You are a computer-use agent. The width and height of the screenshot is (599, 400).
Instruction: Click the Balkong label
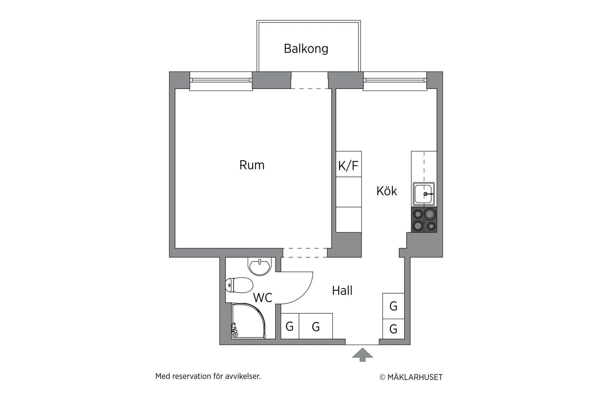coord(306,49)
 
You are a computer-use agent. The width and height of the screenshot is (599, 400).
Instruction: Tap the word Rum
coord(252,165)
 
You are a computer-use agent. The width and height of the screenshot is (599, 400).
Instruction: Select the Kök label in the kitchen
coord(387,191)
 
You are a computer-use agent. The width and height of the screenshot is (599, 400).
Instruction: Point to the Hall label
coord(342,291)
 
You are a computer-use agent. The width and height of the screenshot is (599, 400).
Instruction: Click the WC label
coord(262,298)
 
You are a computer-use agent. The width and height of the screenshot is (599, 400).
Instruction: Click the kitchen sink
coord(423,194)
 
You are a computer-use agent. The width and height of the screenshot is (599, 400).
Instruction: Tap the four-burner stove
coord(424,220)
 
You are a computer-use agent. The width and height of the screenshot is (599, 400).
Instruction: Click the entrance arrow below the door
coord(362,355)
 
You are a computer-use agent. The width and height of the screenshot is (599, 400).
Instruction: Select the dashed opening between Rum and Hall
coord(305,253)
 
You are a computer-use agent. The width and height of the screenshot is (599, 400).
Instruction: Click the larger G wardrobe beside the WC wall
coord(315,326)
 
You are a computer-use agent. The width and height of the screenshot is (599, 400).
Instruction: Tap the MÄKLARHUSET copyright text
coord(411,377)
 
